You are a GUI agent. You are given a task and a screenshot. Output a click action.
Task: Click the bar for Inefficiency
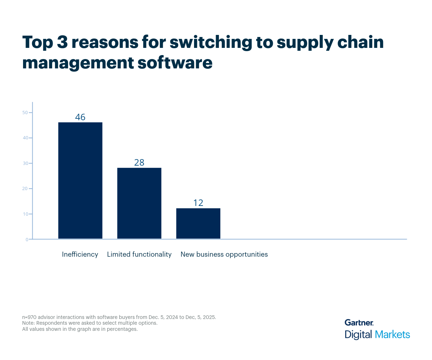80,180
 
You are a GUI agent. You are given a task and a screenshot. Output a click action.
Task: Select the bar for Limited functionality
139,203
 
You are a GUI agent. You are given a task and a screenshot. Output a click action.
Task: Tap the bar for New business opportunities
198,223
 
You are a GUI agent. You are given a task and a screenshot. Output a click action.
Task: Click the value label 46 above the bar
80,117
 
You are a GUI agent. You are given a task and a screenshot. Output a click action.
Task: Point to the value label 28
139,162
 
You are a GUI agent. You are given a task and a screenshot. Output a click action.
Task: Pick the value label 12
198,203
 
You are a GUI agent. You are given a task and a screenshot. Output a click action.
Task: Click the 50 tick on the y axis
25,113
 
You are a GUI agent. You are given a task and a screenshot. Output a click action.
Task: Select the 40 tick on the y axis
25,138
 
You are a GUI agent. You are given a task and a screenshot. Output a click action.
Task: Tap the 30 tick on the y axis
25,163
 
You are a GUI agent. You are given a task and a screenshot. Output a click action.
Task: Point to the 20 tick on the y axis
25,189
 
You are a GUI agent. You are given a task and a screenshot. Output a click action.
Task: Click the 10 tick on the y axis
25,214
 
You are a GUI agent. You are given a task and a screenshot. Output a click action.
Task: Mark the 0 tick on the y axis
27,239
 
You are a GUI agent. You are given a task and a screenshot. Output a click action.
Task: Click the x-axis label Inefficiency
80,254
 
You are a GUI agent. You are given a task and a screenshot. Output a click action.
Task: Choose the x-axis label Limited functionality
139,254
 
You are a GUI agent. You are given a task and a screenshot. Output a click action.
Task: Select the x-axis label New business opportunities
224,254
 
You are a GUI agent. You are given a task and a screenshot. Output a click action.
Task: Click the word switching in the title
211,42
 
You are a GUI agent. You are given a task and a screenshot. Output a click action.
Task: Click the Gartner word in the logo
359,323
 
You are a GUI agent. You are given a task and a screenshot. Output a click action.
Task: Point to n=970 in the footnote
31,317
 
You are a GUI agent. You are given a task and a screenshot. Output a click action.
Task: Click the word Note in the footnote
28,323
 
